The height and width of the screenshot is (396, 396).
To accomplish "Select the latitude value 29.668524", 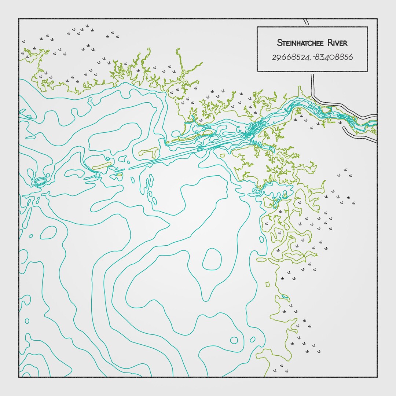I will [x=290, y=57].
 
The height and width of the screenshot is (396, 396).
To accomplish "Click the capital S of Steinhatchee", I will [x=279, y=43].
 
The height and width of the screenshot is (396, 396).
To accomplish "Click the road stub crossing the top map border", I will [x=306, y=22].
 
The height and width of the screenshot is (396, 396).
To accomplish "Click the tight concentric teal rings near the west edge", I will [x=40, y=181].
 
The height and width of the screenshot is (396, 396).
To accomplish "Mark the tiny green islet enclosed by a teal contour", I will [x=119, y=175].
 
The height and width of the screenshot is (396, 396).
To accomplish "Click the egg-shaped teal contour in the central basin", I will [x=212, y=259].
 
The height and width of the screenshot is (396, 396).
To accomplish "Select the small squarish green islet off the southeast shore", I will [x=268, y=284].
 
